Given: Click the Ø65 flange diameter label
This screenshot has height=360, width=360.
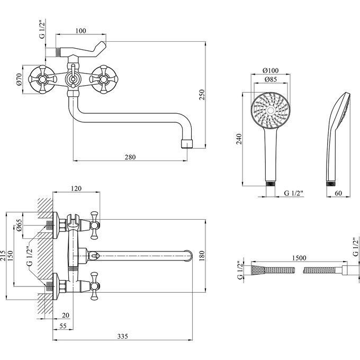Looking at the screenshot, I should tap(19, 226).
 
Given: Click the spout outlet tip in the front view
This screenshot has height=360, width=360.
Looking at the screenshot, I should tap(186, 143).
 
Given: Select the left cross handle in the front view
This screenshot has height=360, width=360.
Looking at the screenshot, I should tap(43, 79).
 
